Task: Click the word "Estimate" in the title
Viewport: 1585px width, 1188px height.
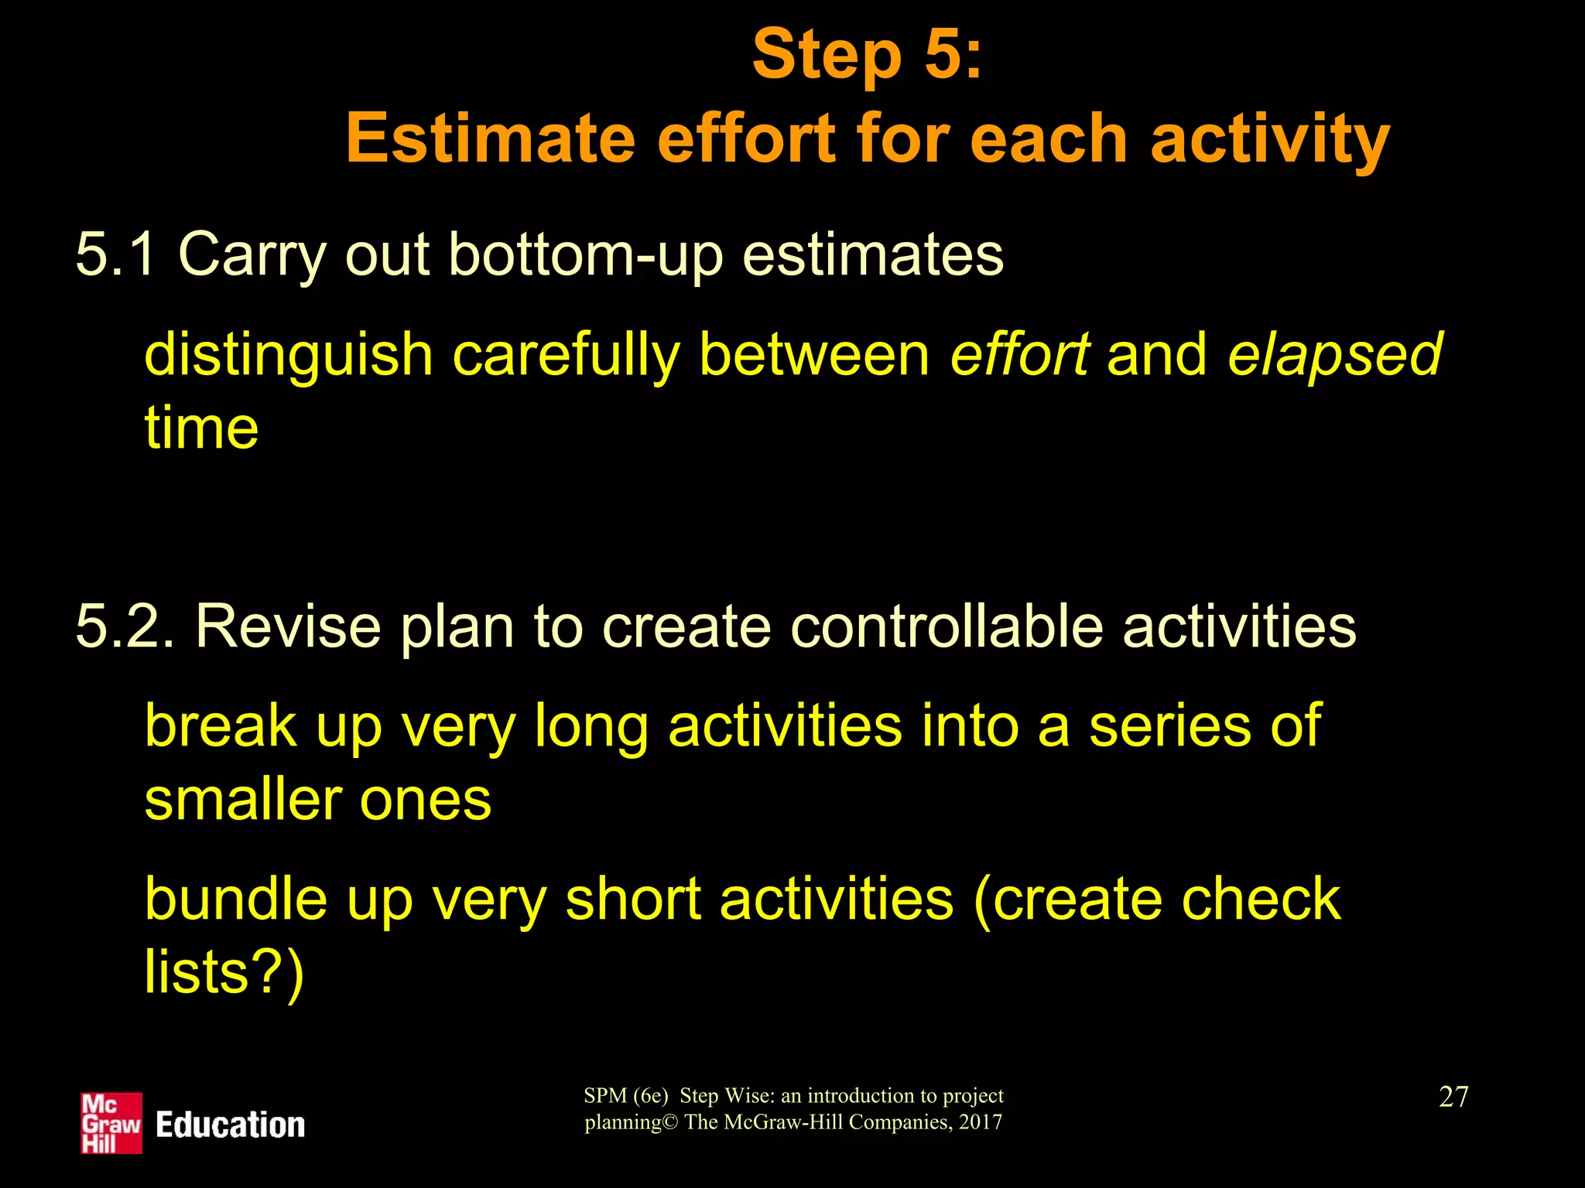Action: tap(490, 140)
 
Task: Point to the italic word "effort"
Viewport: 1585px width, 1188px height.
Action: tap(1020, 354)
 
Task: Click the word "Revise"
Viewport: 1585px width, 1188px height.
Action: tap(288, 626)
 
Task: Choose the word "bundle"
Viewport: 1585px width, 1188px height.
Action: tap(236, 899)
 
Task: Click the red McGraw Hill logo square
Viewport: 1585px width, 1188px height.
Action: tap(111, 1123)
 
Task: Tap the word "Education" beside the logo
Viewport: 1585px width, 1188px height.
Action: tap(230, 1125)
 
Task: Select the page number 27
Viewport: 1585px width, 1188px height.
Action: tap(1453, 1097)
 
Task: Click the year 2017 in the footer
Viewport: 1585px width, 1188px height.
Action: tap(980, 1122)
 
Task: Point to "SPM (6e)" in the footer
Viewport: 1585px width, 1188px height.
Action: tap(625, 1096)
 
